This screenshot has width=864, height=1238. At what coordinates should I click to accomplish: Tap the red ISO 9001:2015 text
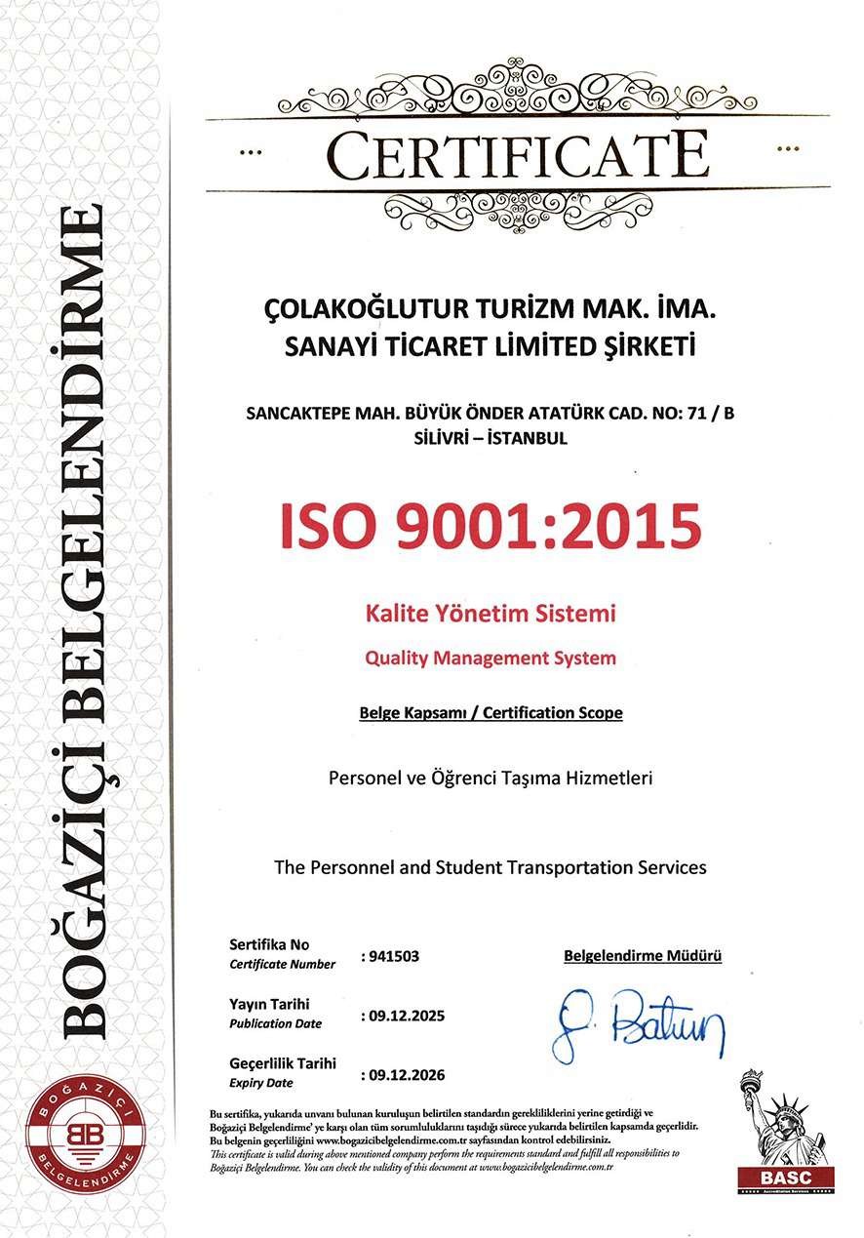point(491,525)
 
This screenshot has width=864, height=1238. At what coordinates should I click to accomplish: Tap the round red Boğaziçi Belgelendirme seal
point(85,1138)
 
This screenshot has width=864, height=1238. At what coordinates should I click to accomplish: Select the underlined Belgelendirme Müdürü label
point(643,956)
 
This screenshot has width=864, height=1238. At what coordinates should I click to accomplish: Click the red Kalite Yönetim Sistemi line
point(491,615)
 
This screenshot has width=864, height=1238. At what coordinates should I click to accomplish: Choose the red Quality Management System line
point(491,658)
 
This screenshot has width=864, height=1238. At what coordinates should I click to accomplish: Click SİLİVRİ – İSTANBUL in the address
point(491,438)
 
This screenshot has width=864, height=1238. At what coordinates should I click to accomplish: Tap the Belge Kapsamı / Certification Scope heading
point(491,712)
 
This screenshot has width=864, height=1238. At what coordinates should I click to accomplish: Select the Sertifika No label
point(268,944)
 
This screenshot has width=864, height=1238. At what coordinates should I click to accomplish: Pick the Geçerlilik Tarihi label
point(283,1063)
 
